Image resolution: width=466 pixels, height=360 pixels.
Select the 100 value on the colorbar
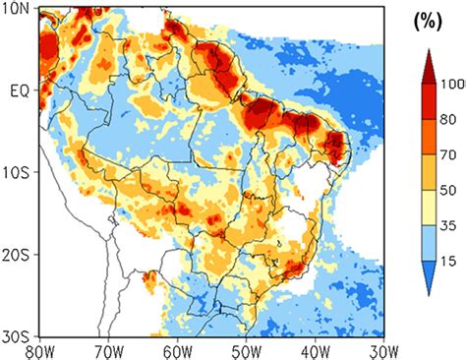[453, 85]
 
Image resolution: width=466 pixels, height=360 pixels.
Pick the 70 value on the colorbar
[450, 154]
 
